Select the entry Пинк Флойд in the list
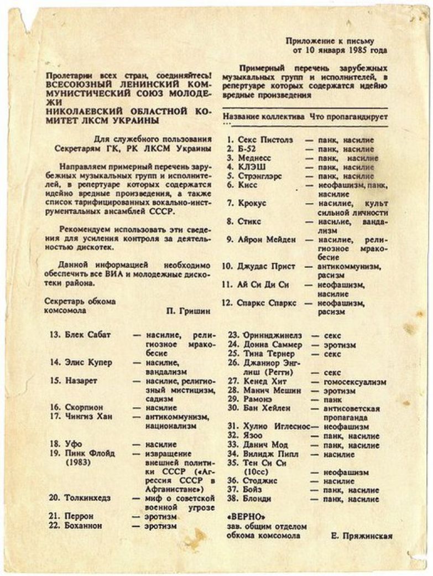[x=91, y=454]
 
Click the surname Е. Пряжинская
[x=362, y=535]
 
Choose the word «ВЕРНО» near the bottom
[x=244, y=517]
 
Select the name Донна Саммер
[x=273, y=345]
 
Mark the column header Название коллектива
[x=264, y=117]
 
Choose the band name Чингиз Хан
[x=88, y=417]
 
